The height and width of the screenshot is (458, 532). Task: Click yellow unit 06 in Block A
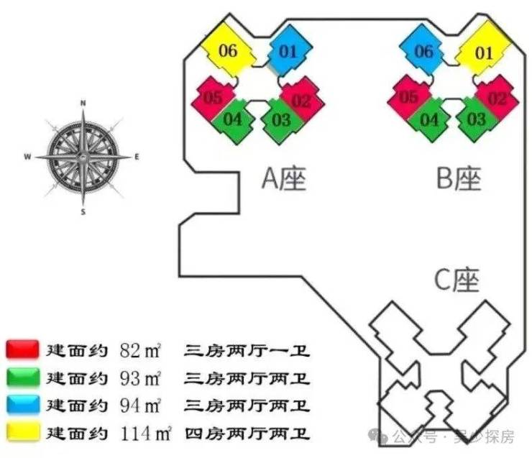tap(227, 49)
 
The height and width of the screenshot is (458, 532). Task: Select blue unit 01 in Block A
tap(288, 51)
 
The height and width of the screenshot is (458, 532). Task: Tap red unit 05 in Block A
tap(212, 98)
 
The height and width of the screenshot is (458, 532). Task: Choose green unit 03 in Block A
tap(281, 121)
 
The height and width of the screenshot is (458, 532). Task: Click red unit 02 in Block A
tap(302, 99)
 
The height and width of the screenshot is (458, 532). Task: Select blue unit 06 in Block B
tap(423, 51)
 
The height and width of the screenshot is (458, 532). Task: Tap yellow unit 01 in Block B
tap(484, 51)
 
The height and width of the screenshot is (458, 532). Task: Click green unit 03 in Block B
tap(477, 119)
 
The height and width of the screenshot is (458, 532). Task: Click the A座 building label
tap(284, 178)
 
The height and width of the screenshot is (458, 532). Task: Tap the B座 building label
tap(459, 178)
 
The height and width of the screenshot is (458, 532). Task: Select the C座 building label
tap(457, 280)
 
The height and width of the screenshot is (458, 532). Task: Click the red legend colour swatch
tap(22, 349)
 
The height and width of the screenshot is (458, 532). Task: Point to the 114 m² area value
tap(146, 434)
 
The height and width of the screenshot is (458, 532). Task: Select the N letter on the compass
tap(83, 103)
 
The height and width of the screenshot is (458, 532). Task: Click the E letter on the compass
tap(137, 157)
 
